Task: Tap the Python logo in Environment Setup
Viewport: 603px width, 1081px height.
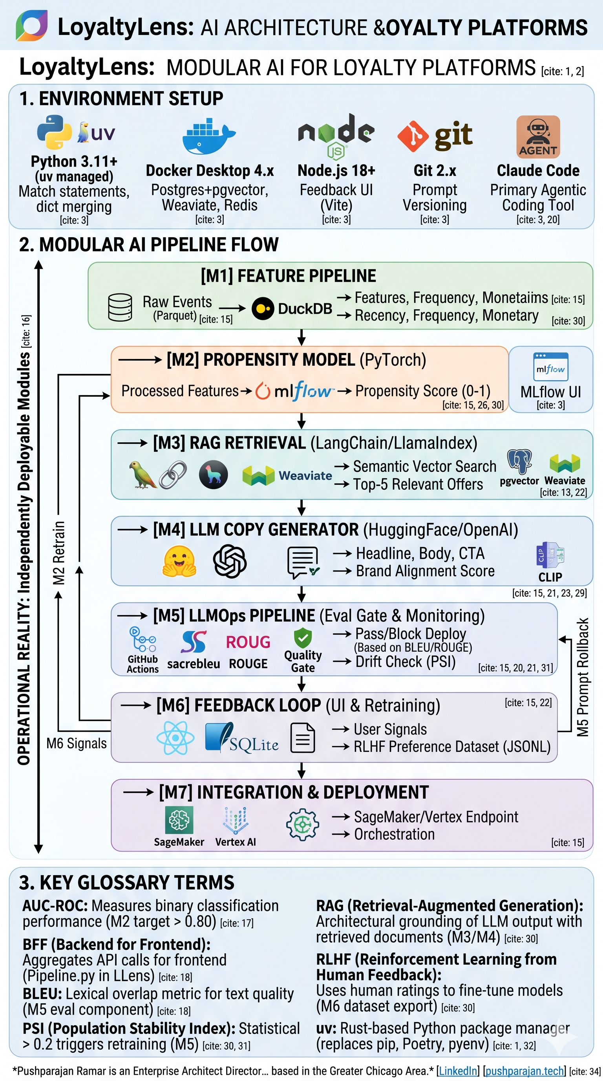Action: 54,132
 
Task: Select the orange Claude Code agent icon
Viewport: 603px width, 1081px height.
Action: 538,137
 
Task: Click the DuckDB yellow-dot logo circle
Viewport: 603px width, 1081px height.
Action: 263,309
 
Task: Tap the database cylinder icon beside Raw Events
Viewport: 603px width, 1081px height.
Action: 120,308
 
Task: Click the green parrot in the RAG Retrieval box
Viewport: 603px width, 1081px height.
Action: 142,475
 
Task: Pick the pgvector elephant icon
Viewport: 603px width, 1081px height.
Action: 519,462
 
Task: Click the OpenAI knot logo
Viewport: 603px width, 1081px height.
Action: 230,561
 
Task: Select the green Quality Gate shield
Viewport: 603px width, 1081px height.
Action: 303,639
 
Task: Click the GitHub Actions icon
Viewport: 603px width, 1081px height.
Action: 142,640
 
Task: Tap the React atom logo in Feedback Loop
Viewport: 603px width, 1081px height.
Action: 175,738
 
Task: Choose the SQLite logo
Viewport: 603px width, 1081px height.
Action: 241,738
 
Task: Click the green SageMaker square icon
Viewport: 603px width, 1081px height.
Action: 179,819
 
